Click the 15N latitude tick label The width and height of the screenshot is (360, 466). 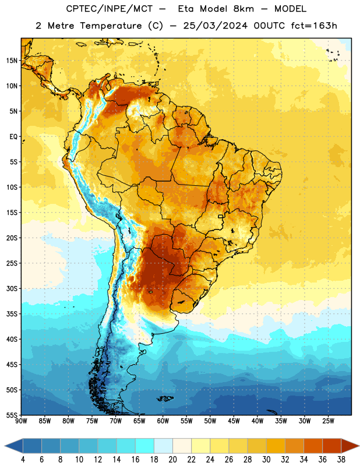tap(11, 61)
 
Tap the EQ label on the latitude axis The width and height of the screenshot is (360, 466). tap(13, 137)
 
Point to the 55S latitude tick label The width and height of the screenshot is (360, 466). tap(11, 415)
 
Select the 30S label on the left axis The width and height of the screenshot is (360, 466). tap(11, 288)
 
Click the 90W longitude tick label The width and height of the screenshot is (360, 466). tap(21, 421)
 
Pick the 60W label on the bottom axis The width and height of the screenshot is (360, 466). tap(163, 421)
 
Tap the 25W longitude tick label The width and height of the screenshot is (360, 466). tap(328, 421)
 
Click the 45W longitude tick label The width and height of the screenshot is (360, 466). tap(234, 421)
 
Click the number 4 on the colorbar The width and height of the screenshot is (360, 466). tap(23, 460)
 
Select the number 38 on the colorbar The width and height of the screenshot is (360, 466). tap(341, 460)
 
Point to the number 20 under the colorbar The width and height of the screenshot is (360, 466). tap(172, 460)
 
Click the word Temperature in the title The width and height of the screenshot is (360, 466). tap(111, 26)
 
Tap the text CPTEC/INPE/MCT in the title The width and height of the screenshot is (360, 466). tap(110, 9)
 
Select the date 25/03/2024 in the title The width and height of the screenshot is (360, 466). tap(215, 26)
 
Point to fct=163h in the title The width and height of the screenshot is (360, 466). tap(314, 26)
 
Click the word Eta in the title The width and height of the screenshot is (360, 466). tap(186, 9)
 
